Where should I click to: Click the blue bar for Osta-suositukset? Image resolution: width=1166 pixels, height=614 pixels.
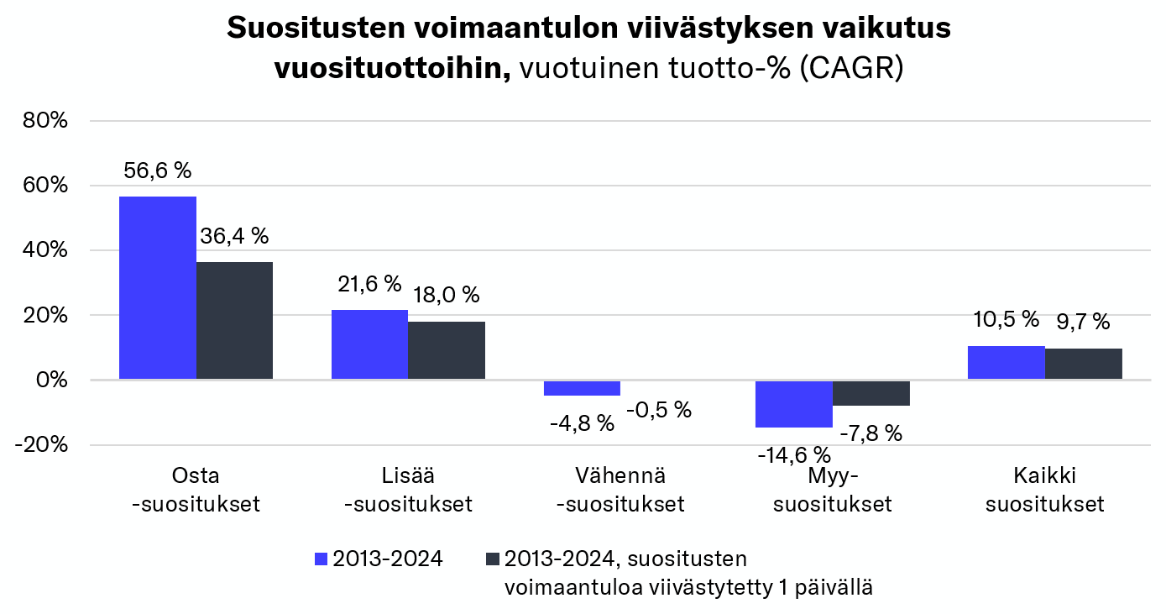158,288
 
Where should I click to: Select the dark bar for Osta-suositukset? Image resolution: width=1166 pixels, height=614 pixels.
234,321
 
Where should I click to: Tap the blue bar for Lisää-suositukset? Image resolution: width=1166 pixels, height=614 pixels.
369,345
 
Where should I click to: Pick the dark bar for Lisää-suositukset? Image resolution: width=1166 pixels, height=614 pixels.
447,350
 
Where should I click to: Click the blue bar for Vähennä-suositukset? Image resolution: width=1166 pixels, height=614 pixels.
582,388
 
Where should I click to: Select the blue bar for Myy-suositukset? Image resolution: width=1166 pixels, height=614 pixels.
794,404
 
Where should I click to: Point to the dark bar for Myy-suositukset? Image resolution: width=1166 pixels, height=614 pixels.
871,393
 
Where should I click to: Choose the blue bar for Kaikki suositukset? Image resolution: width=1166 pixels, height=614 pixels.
1006,363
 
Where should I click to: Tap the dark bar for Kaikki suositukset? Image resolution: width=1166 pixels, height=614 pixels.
1084,365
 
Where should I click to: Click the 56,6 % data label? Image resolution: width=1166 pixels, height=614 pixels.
158,171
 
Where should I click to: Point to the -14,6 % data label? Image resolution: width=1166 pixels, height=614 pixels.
794,456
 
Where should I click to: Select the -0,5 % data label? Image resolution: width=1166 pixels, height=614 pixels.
659,410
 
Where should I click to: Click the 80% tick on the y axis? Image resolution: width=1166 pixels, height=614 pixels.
45,121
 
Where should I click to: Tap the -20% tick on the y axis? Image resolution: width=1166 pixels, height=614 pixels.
42,445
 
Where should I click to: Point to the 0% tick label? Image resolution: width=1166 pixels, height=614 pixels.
53,380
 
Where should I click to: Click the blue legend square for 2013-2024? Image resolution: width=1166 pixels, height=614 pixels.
321,559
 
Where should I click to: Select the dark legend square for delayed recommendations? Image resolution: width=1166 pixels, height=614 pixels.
493,559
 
